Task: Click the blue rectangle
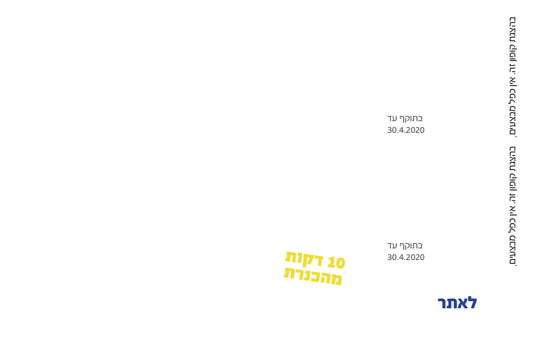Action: tap(457, 303)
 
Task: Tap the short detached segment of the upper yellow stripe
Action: tap(336, 262)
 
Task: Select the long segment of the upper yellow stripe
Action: tap(304, 259)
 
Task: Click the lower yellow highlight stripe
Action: tap(313, 276)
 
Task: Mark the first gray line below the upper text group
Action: tap(405, 119)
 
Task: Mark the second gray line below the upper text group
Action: tap(406, 130)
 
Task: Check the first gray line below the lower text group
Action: tap(405, 246)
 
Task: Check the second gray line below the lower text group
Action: tap(406, 257)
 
